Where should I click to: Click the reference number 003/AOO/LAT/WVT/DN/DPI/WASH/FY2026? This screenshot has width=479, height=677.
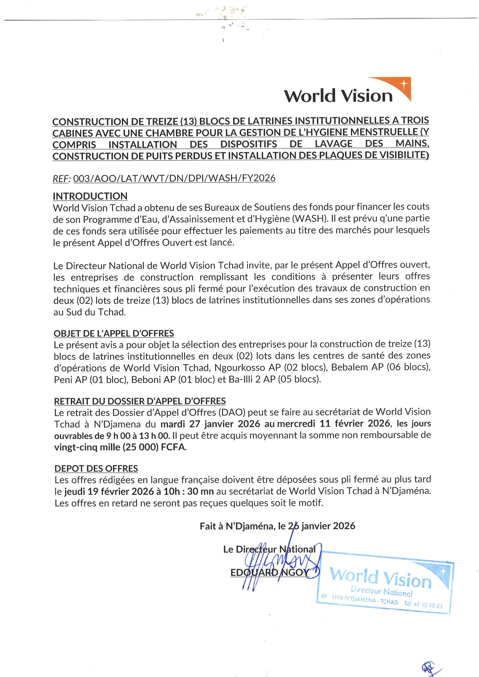coord(174,178)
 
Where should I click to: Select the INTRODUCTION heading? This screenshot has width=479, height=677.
coord(90,196)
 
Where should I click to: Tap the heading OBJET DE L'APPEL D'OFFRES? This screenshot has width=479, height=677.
coord(114,334)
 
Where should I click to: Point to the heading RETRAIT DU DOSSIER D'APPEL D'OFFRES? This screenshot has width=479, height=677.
coord(140,401)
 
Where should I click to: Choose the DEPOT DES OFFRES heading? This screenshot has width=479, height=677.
coord(96,469)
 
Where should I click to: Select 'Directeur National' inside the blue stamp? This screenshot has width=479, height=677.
coord(381,591)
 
